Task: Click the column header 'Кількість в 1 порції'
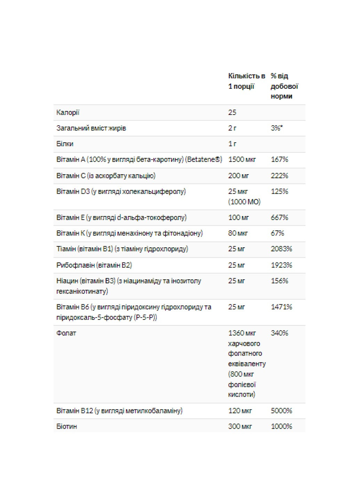(x=246, y=81)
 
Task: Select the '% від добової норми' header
(x=284, y=86)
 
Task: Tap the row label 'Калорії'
(x=68, y=112)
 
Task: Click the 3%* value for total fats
(x=277, y=128)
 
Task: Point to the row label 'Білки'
(x=65, y=144)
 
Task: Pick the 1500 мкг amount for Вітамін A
(x=242, y=159)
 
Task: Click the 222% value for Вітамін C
(x=279, y=176)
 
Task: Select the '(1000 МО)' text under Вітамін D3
(x=244, y=202)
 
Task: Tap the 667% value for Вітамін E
(x=279, y=217)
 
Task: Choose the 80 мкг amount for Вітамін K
(x=238, y=233)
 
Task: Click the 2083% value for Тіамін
(x=281, y=249)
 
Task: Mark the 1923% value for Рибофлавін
(x=281, y=265)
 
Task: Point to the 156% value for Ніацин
(x=279, y=281)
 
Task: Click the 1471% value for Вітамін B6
(x=281, y=307)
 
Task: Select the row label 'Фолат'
(x=66, y=333)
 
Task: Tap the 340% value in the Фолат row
(x=279, y=333)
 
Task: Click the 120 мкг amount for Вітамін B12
(x=240, y=411)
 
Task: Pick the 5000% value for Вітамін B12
(x=281, y=411)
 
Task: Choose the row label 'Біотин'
(x=66, y=426)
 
